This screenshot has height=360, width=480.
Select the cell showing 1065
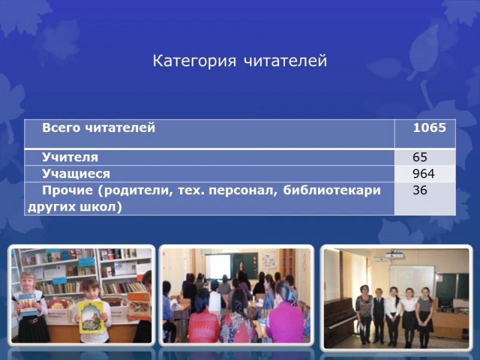pyautogui.click(x=429, y=128)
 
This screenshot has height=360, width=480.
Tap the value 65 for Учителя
pyautogui.click(x=420, y=158)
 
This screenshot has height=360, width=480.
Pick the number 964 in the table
pyautogui.click(x=424, y=175)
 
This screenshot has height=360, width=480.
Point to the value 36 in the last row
pyautogui.click(x=420, y=191)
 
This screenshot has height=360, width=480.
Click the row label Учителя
pyautogui.click(x=70, y=158)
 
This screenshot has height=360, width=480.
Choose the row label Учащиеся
pyautogui.click(x=76, y=175)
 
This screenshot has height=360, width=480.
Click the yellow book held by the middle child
pyautogui.click(x=91, y=316)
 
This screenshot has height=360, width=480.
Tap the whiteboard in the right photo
pyautogui.click(x=411, y=280)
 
